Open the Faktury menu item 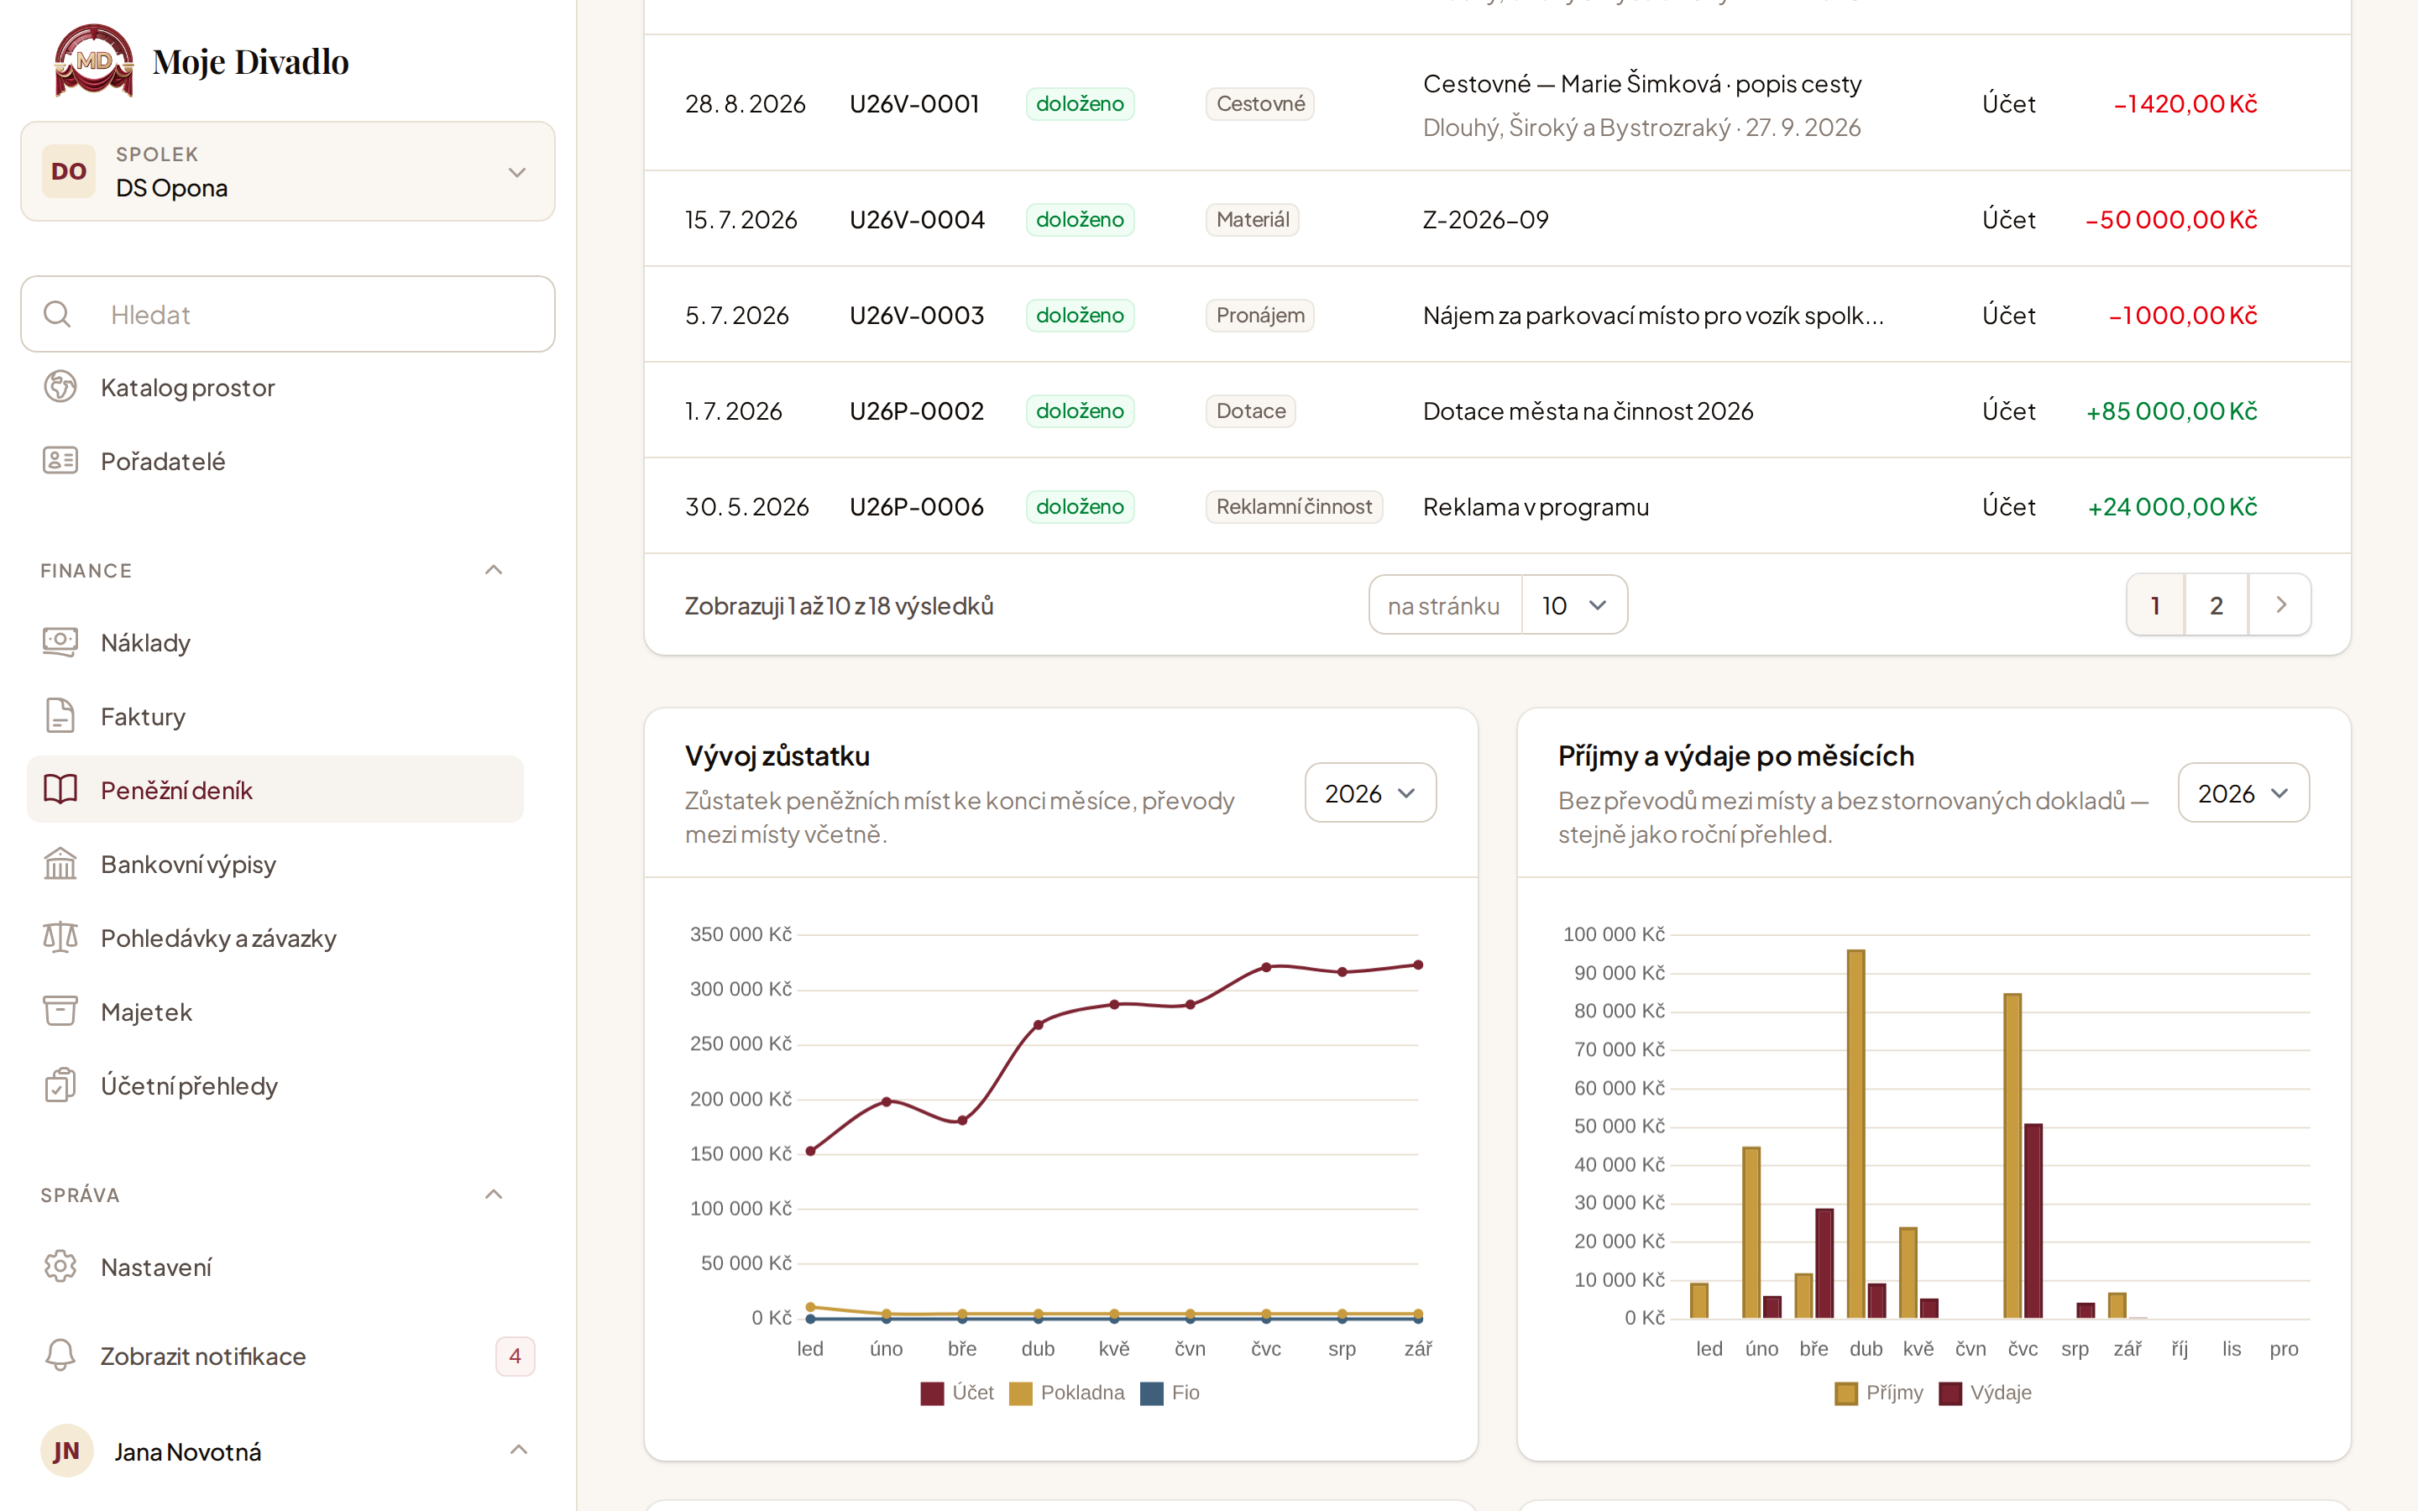tap(142, 717)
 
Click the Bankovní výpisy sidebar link tap(188, 865)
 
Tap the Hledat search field tap(288, 314)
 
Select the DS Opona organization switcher tap(288, 172)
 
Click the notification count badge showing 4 tap(515, 1356)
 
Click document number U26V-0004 tap(916, 219)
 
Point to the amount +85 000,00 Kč tap(2171, 410)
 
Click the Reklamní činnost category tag tap(1294, 507)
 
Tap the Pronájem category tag tap(1260, 315)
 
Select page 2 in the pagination tap(2216, 604)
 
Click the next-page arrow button tap(2280, 604)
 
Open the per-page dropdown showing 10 tap(1573, 604)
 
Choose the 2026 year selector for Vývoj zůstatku tap(1370, 792)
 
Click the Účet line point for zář tap(1418, 965)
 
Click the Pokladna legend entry tap(1067, 1393)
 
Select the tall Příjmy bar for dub tap(1855, 1133)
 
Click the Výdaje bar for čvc tap(2033, 1221)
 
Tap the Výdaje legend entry tap(1986, 1393)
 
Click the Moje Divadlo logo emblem tap(93, 61)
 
